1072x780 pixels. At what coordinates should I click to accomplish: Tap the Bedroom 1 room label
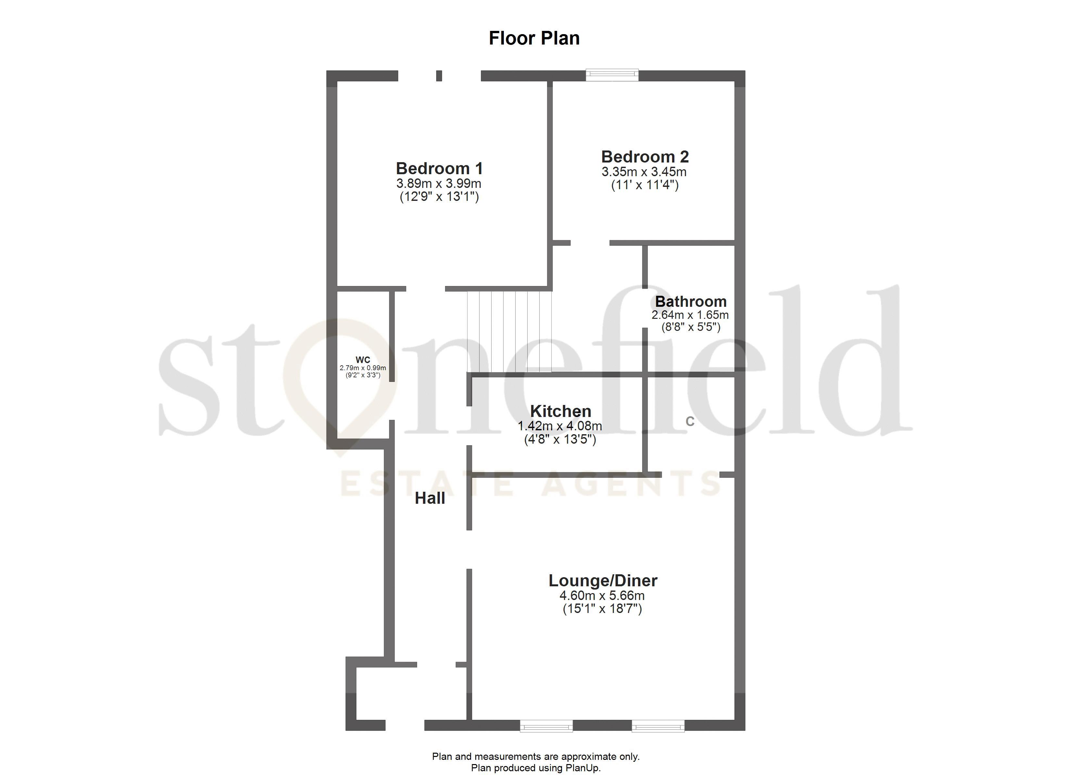439,168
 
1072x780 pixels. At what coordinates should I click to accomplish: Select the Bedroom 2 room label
645,157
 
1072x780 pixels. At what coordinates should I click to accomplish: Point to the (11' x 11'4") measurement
645,185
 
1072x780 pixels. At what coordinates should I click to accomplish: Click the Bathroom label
691,301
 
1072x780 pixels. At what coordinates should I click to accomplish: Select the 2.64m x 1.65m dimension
690,315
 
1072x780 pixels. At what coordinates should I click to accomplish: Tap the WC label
363,360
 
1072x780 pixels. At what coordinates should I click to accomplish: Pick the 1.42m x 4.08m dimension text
560,426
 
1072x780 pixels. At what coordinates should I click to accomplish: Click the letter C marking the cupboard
690,422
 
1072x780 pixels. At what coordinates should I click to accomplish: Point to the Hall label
430,498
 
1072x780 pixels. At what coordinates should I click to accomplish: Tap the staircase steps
510,331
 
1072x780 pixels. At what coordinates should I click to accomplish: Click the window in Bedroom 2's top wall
612,75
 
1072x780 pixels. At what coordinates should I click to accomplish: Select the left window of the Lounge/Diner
546,726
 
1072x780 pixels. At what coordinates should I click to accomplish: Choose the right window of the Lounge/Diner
658,726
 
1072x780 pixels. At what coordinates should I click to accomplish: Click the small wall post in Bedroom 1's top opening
439,76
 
